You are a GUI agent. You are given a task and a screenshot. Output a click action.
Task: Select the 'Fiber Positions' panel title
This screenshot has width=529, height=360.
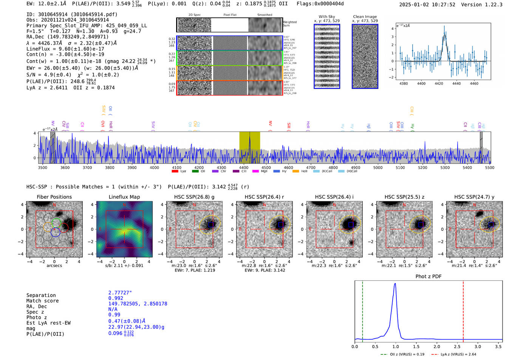click(54, 197)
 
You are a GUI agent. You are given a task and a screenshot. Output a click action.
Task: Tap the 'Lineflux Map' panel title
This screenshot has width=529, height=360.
click(124, 197)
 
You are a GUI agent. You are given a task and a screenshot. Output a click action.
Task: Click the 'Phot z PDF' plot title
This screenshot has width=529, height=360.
click(428, 277)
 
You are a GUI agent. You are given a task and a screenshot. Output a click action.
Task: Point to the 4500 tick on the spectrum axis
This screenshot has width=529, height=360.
click(266, 168)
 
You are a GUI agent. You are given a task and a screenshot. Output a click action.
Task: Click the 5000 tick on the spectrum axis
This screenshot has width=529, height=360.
click(378, 168)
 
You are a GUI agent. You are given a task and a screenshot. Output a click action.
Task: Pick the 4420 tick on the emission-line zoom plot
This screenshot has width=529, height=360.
click(439, 83)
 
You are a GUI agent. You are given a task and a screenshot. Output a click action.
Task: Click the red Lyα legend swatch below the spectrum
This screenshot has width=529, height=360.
click(175, 172)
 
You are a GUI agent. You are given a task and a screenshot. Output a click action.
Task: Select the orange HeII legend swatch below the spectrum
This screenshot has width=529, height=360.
click(295, 172)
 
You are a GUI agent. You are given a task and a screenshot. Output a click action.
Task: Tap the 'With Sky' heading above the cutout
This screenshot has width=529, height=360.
click(327, 17)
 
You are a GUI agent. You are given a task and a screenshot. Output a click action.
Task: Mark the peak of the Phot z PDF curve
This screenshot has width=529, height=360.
click(395, 284)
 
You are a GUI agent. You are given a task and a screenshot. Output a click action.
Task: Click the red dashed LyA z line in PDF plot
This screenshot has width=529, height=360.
click(463, 310)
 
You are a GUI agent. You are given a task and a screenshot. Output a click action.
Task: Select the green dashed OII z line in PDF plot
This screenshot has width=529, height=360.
click(362, 310)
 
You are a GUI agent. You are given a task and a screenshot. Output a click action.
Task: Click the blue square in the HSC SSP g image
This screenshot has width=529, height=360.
click(211, 224)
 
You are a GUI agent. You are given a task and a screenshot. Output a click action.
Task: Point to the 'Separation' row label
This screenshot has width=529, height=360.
click(41, 295)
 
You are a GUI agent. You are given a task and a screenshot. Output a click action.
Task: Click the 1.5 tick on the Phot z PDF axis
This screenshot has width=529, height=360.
click(416, 346)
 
